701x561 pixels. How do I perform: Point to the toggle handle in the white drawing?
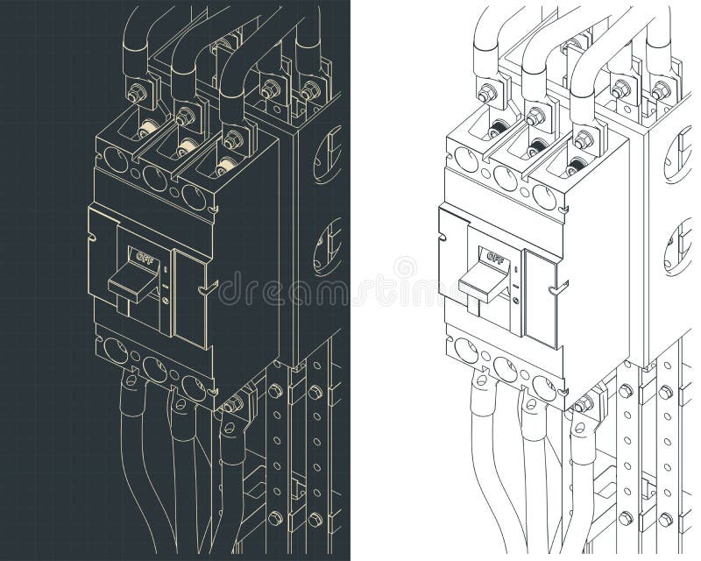click(x=481, y=282)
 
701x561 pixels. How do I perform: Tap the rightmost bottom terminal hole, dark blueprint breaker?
click(x=194, y=387)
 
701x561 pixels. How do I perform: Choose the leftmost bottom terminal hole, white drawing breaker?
click(x=466, y=352)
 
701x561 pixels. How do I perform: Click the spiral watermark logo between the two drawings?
click(x=404, y=268)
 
